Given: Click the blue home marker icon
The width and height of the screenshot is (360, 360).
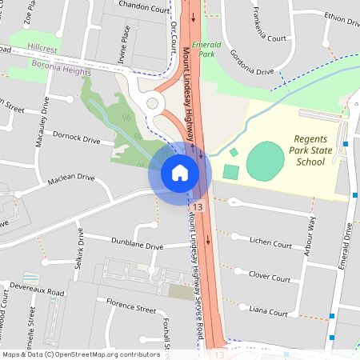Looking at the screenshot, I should (x=179, y=172).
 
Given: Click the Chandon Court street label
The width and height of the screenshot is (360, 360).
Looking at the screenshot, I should (x=145, y=8).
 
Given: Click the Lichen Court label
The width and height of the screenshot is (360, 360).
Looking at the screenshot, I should (x=270, y=242).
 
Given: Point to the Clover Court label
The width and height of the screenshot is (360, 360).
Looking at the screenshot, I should (x=270, y=276).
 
